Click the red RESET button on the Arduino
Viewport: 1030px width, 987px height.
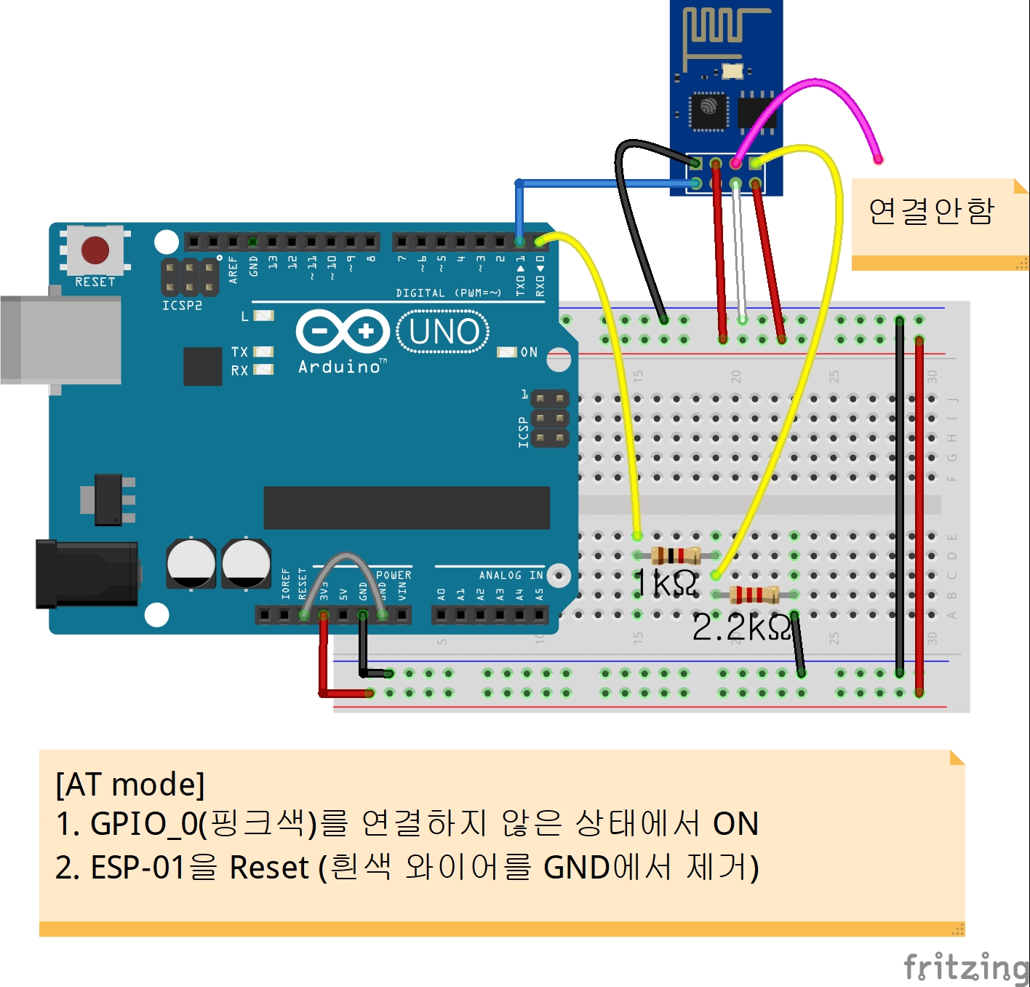(x=95, y=250)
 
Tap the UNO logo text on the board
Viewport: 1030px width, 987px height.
(x=444, y=332)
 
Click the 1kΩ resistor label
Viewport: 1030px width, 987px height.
(x=665, y=583)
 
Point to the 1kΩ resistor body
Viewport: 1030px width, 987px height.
(x=676, y=556)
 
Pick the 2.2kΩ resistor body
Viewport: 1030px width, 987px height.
(x=754, y=595)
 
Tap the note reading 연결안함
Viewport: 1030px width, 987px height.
(x=932, y=212)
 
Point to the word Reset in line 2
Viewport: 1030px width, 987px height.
(x=269, y=868)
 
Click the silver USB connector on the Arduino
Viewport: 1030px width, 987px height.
(x=61, y=339)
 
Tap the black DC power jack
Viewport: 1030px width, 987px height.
(x=87, y=574)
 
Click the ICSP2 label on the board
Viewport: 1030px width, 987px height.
(x=182, y=306)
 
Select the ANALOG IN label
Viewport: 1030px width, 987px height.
(x=511, y=576)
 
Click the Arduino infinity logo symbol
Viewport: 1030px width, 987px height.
(x=342, y=332)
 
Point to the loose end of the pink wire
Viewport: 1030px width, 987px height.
(x=878, y=159)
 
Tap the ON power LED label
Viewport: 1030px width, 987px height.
(x=529, y=352)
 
